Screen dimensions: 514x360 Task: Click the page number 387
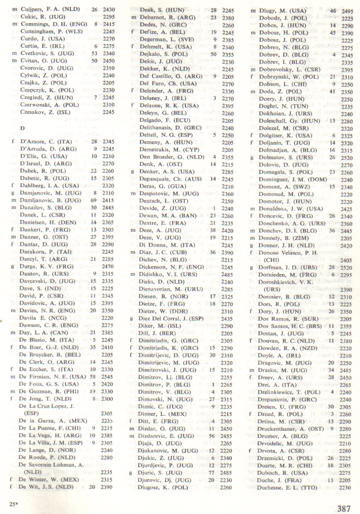pos(343,508)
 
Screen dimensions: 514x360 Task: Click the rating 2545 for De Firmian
pos(108,376)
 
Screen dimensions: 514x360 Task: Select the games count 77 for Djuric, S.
pos(209,472)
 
